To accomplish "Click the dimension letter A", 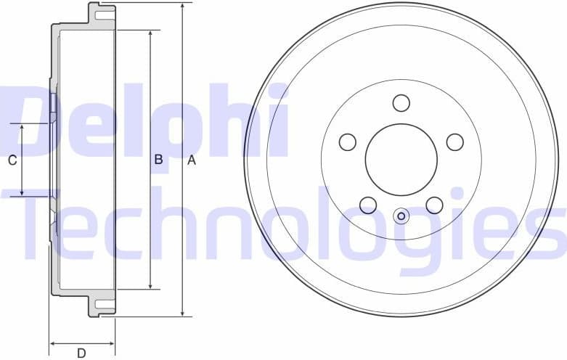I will tap(192, 161).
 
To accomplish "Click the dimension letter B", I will tap(158, 161).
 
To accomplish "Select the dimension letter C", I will tap(12, 161).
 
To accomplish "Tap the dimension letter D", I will tap(81, 353).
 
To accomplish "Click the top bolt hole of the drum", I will tap(401, 103).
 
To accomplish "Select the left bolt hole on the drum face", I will tap(348, 142).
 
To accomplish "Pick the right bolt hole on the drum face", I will tap(455, 142).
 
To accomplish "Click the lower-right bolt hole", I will tap(434, 205).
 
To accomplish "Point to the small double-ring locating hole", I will tap(401, 216).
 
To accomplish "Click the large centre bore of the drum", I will tap(401, 160).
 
